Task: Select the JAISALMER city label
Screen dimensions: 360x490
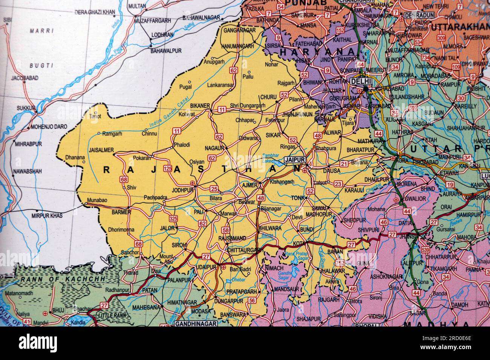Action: tap(101, 150)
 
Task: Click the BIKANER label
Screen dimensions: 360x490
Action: tap(200, 106)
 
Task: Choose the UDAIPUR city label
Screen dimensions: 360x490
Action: tap(206, 267)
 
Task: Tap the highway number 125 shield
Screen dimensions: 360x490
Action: tap(168, 168)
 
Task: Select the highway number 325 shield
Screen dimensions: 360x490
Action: tap(173, 219)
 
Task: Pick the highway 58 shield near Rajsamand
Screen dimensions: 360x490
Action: tap(226, 230)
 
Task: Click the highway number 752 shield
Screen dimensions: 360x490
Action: tap(340, 262)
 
